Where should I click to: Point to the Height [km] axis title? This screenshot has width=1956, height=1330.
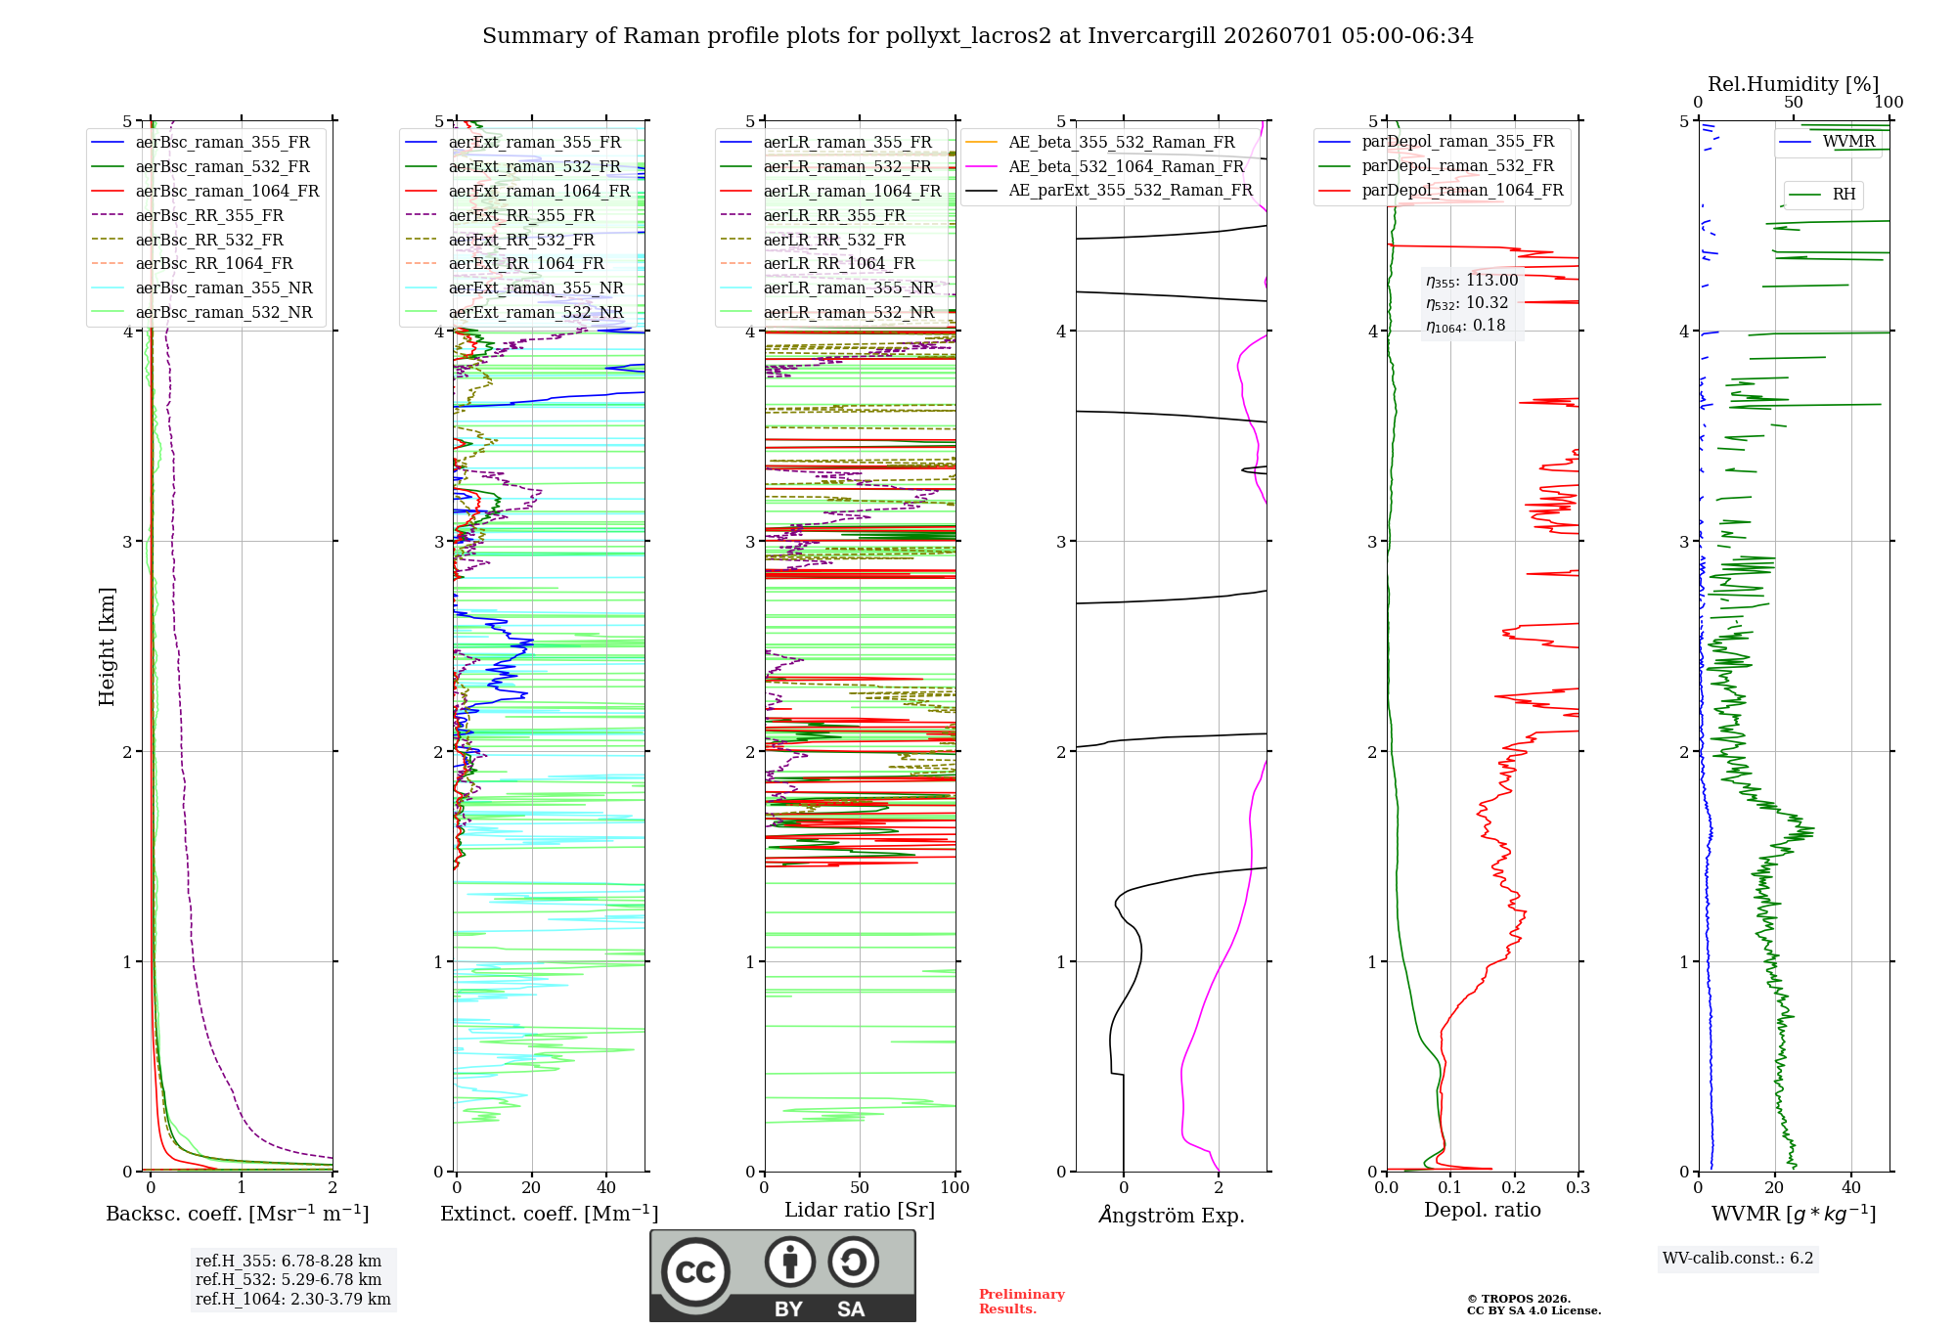[107, 646]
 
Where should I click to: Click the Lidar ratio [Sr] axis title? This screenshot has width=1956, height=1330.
[860, 1210]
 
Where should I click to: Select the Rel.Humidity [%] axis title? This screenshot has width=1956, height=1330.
[1794, 84]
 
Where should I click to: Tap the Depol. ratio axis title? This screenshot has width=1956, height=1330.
[1483, 1210]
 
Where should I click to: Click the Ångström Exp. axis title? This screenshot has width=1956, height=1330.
[1172, 1215]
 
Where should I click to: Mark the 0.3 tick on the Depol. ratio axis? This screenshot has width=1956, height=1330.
[1578, 1188]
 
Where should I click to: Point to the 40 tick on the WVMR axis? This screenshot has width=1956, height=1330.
[1851, 1188]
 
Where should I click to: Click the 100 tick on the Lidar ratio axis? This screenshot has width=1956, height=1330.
[956, 1188]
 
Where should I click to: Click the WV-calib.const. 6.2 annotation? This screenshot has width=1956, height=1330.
[1738, 1259]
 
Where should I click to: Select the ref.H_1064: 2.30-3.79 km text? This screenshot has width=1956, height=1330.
[293, 1300]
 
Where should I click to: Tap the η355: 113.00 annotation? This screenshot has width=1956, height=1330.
[1472, 281]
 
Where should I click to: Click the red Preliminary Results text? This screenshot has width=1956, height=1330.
[1022, 1302]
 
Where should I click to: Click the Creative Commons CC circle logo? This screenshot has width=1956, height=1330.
[695, 1272]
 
